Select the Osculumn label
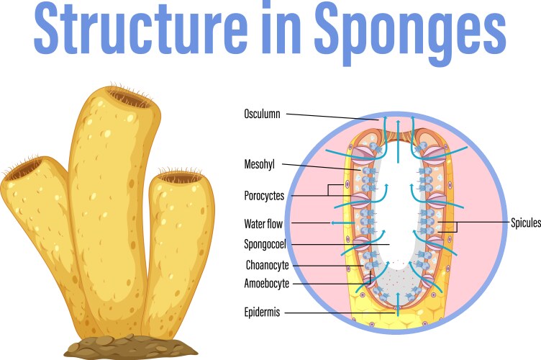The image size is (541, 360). tap(262, 114)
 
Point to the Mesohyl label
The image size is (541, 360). tap(260, 164)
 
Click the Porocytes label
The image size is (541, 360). tap(264, 195)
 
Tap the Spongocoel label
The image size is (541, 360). tap(265, 244)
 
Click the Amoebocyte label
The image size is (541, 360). tap(267, 284)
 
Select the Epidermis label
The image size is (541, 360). tap(262, 312)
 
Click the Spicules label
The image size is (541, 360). tap(525, 223)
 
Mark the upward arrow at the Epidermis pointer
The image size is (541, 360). tap(396, 310)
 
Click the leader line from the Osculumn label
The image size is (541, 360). tap(331, 115)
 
